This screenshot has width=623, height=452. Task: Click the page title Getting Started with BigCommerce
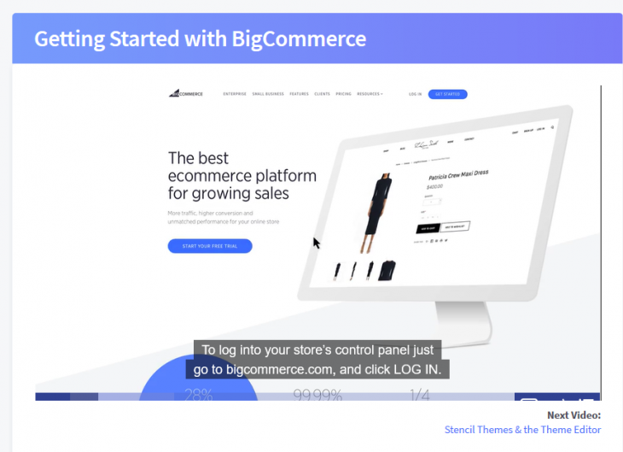pyautogui.click(x=200, y=39)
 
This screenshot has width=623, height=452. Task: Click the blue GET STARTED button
pyautogui.click(x=447, y=94)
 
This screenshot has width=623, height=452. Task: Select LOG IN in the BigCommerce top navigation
pyautogui.click(x=415, y=94)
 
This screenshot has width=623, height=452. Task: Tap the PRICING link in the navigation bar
pyautogui.click(x=343, y=94)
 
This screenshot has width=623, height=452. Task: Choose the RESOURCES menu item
pyautogui.click(x=370, y=94)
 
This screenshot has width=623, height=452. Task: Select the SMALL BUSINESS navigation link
pyautogui.click(x=267, y=94)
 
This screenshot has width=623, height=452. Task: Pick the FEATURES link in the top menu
pyautogui.click(x=299, y=94)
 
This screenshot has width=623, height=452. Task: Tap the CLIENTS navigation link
pyautogui.click(x=322, y=94)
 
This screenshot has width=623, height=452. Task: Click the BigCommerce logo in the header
pyautogui.click(x=186, y=94)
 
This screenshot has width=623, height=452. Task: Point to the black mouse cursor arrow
pyautogui.click(x=317, y=243)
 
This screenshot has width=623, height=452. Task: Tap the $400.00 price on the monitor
pyautogui.click(x=435, y=186)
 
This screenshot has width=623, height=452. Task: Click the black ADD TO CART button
pyautogui.click(x=427, y=228)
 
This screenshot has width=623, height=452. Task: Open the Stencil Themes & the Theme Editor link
pyautogui.click(x=522, y=429)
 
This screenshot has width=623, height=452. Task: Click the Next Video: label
pyautogui.click(x=574, y=416)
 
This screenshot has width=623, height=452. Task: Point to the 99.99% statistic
pyautogui.click(x=317, y=395)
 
